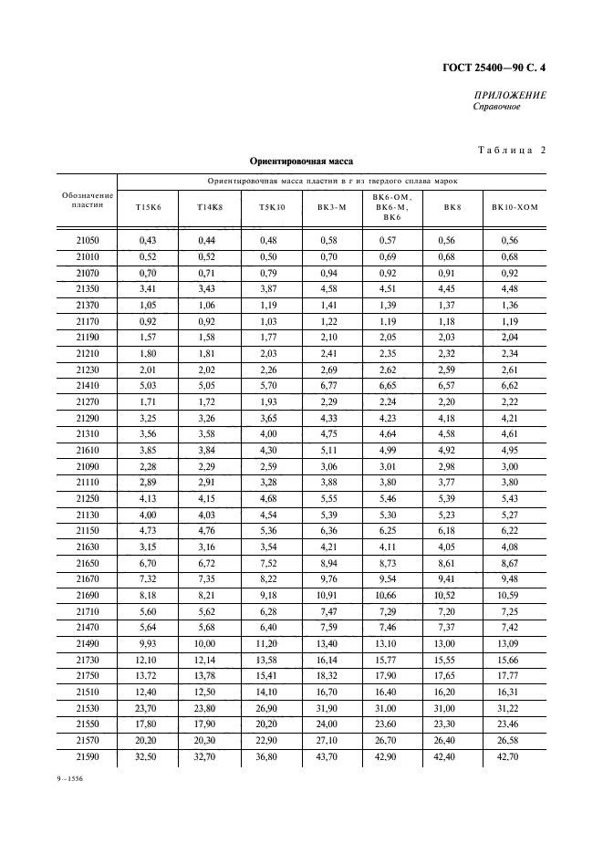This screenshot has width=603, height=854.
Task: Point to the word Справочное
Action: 496,108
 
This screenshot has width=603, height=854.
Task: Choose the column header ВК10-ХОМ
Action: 515,207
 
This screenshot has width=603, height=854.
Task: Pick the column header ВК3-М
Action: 332,207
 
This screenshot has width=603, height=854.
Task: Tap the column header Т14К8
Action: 210,207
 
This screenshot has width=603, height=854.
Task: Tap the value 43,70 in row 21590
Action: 332,757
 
